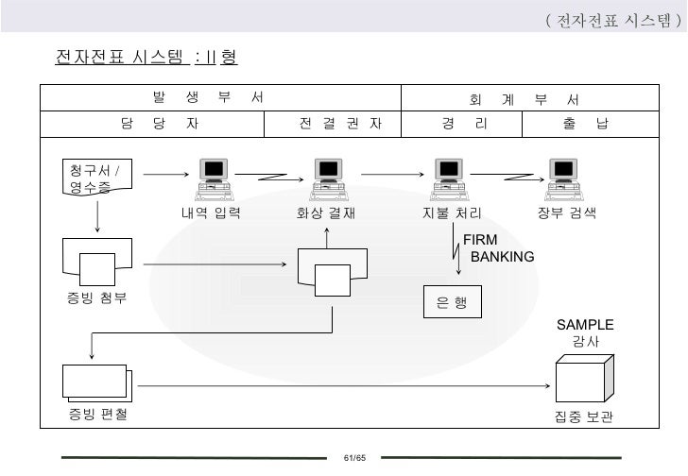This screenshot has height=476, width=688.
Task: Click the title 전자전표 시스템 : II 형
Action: pos(146,58)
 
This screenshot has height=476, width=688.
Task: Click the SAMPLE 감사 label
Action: pos(584,332)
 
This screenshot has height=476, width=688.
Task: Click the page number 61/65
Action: pos(354,458)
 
